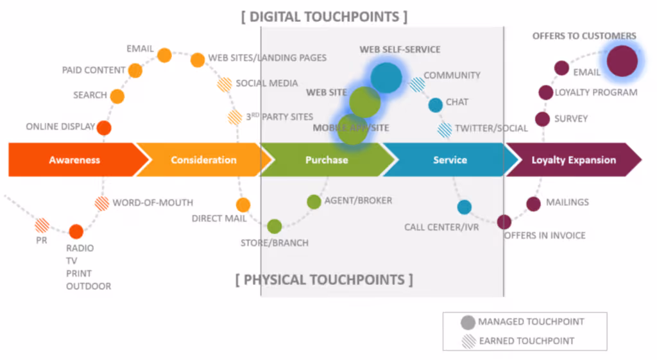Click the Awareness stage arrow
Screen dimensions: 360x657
74,160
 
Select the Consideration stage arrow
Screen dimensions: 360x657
203,160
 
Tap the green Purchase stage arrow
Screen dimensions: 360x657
326,160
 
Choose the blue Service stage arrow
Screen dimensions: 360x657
449,160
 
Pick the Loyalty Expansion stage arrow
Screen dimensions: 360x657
573,160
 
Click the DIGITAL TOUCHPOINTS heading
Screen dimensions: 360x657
324,17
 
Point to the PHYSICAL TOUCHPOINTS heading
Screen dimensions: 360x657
324,280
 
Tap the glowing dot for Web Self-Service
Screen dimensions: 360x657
386,78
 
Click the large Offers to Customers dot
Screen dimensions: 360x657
622,62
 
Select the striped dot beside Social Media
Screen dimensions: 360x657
225,83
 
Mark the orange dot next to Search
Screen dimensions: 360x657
117,96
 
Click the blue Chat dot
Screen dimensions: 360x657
436,105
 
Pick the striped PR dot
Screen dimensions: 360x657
42,225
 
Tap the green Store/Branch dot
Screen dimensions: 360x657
274,226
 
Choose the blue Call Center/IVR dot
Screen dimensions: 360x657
465,207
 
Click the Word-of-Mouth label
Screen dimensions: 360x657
153,203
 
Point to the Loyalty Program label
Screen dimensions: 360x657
596,92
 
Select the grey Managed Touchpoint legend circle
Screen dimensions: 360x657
468,322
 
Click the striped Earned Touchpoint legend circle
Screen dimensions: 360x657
468,341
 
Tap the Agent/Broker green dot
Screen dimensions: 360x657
314,201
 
